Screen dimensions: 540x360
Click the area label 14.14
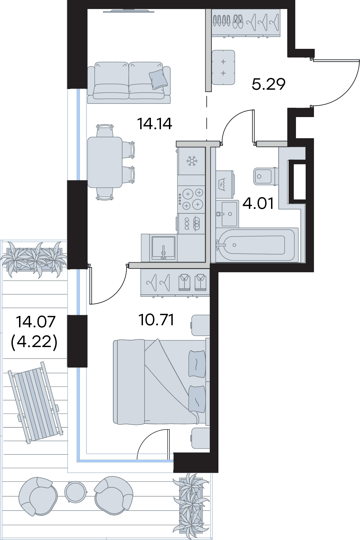click(x=154, y=124)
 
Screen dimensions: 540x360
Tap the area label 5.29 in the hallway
click(x=268, y=84)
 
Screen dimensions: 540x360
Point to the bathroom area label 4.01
click(x=258, y=203)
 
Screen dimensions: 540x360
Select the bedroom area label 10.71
click(x=156, y=320)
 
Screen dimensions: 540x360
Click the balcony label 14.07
click(x=36, y=322)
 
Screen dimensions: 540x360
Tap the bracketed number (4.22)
click(x=34, y=343)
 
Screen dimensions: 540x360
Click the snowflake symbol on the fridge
click(x=191, y=161)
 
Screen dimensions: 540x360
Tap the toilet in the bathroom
click(x=265, y=176)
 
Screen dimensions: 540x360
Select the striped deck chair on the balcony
click(x=35, y=402)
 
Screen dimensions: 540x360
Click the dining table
click(x=105, y=162)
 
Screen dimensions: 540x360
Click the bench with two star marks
click(x=223, y=68)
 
